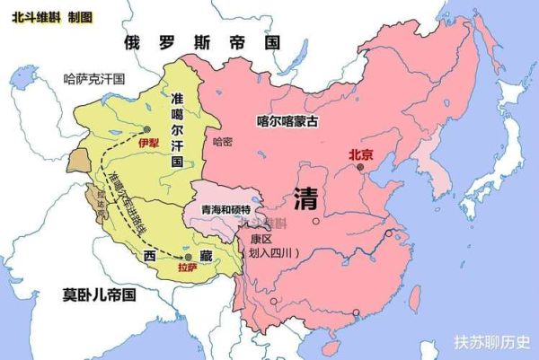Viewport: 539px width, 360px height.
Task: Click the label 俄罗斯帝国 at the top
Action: [202, 43]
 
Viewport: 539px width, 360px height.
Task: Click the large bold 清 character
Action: [308, 198]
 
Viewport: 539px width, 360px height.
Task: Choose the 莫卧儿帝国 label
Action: [99, 294]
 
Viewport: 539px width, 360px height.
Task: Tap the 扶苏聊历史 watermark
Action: [492, 342]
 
